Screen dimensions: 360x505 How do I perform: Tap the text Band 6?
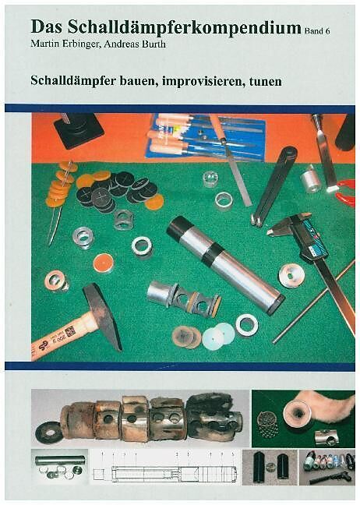317,31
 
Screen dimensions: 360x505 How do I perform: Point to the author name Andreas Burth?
135,44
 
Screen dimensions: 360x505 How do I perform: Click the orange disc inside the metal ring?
104,263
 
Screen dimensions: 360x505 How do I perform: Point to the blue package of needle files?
206,136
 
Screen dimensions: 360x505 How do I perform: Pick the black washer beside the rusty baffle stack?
49,433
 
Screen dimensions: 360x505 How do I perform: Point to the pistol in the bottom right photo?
330,477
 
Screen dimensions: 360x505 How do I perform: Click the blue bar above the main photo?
180,108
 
